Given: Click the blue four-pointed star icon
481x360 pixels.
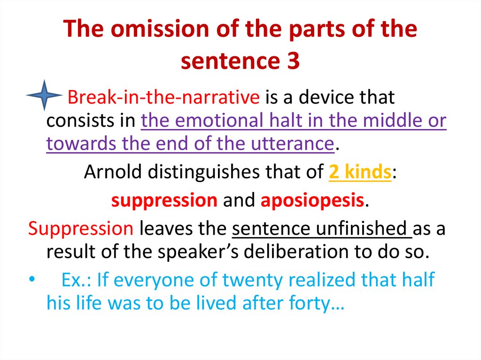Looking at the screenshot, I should pos(44,95).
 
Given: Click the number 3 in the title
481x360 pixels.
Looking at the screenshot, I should pos(293,61).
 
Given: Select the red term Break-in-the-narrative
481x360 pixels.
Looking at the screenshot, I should pos(163,98).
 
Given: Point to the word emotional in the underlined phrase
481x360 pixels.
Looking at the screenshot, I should pos(224,121).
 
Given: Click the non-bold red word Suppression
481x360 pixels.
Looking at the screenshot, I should pos(80,229).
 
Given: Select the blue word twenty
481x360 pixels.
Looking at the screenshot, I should pos(252,280).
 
